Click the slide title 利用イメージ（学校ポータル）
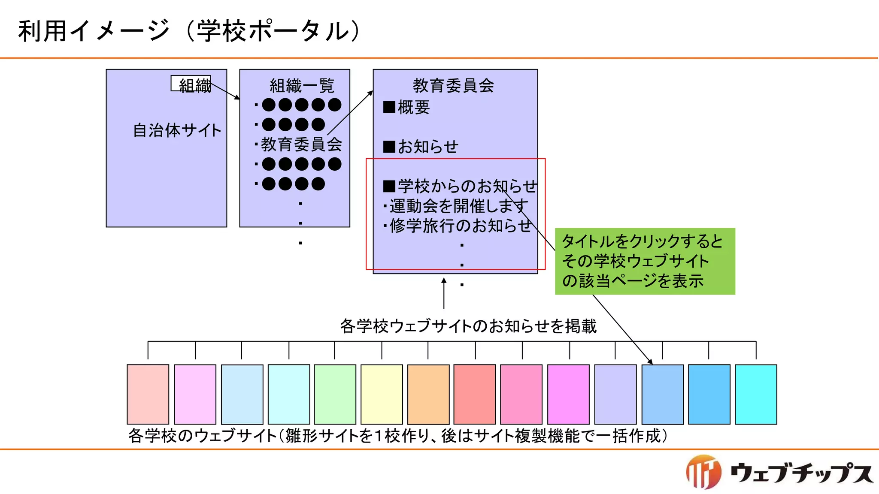click(x=189, y=31)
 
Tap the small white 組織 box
click(x=191, y=84)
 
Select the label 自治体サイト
click(x=177, y=130)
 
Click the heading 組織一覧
click(x=302, y=86)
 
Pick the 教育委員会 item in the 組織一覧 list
click(x=301, y=145)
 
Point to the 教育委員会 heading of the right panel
click(x=453, y=85)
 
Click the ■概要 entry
click(x=406, y=107)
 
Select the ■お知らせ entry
click(x=421, y=147)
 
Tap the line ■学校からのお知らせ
click(x=460, y=186)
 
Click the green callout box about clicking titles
click(x=645, y=261)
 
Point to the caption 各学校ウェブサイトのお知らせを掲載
click(x=468, y=326)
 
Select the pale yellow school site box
click(x=382, y=394)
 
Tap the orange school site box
click(x=428, y=394)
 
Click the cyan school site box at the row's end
click(x=756, y=394)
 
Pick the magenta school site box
click(x=568, y=394)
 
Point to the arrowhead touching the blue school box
click(x=650, y=361)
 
